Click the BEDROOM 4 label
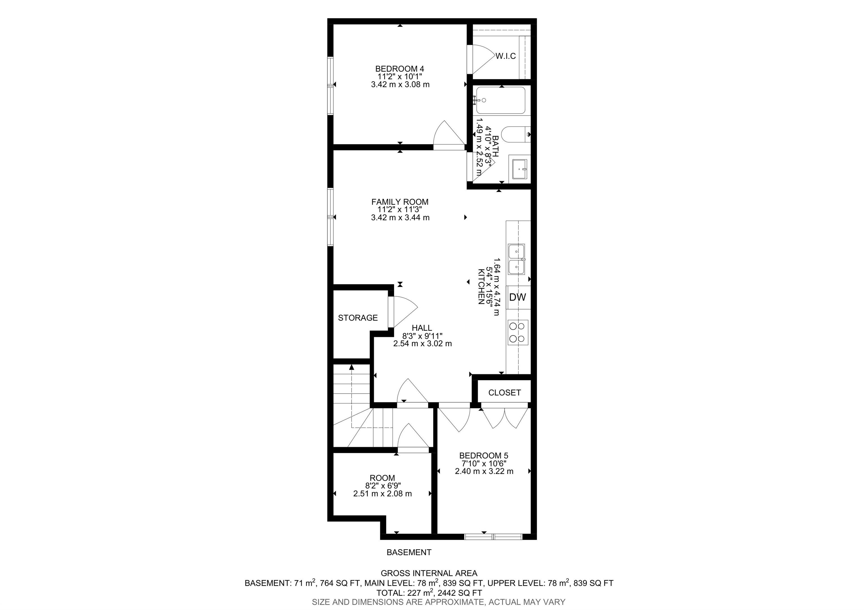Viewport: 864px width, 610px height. [x=400, y=69]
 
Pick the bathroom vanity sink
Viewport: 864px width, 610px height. [x=519, y=169]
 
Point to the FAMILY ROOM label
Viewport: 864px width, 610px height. [x=400, y=202]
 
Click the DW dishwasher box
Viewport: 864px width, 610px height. [x=517, y=297]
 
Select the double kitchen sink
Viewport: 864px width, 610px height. [x=516, y=259]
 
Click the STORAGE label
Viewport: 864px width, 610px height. [x=357, y=318]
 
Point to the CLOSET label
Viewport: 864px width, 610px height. [x=504, y=393]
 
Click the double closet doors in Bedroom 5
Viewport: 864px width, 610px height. [x=505, y=417]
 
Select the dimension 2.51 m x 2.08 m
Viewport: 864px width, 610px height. [x=382, y=493]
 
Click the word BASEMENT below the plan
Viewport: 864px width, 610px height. [x=409, y=552]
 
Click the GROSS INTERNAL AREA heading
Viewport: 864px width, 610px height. [x=429, y=573]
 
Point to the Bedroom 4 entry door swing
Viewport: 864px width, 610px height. [x=448, y=135]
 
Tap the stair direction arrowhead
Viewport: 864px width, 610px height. [x=352, y=367]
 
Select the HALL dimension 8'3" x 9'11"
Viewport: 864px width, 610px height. [x=422, y=336]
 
